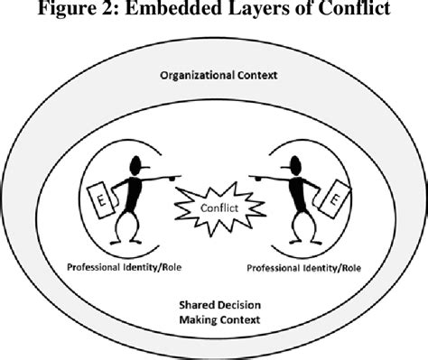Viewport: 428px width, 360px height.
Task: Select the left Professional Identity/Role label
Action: click(124, 269)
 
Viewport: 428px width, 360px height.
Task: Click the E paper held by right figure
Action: click(333, 200)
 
